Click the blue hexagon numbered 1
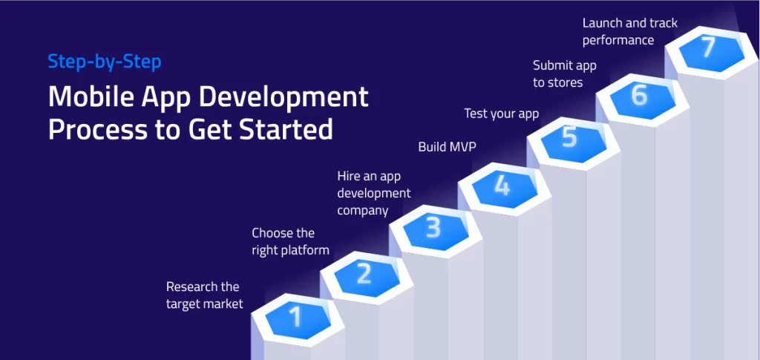tap(296, 318)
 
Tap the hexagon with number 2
tap(364, 274)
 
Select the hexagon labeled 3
tap(433, 228)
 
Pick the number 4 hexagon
tap(502, 185)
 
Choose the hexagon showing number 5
tap(570, 139)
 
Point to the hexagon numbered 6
tap(639, 95)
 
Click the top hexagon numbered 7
tap(707, 48)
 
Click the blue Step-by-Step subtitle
tap(104, 62)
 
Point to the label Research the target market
tap(204, 295)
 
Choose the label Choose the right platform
tap(289, 242)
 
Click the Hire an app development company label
tap(374, 193)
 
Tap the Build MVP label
tap(447, 147)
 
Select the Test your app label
tap(501, 114)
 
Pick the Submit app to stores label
tap(564, 73)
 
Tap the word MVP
tap(462, 147)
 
